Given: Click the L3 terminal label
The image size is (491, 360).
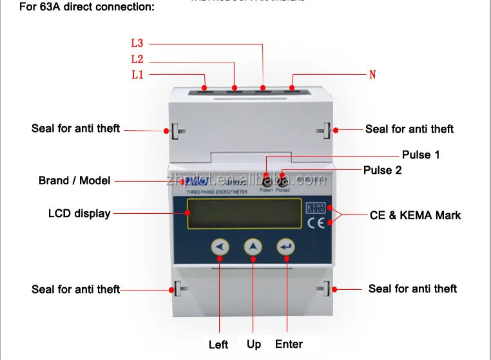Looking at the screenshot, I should pos(137,44).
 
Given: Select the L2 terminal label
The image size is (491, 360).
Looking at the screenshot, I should pos(137,59).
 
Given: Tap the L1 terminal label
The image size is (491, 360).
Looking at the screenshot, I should pos(137,75).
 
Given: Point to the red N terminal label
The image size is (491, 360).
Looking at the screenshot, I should pos(372,75).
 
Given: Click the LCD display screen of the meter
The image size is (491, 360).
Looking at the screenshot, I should pos(244,214).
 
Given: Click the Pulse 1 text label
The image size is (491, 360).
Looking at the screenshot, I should pos(421,155).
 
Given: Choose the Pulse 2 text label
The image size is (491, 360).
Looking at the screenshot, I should pos(383,171).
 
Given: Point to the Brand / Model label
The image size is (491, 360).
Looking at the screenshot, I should pos(75,181).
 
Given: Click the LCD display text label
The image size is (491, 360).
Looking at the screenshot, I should pos(79,213).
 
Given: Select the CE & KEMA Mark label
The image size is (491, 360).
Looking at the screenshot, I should pos(415,215).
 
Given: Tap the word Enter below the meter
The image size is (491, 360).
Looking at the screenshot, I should pos(289,344).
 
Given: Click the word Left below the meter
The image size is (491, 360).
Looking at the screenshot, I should pos(218,345).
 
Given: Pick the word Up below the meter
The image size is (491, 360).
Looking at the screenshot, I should pos(254,344).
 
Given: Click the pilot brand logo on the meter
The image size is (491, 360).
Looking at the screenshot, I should pos(201,180).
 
